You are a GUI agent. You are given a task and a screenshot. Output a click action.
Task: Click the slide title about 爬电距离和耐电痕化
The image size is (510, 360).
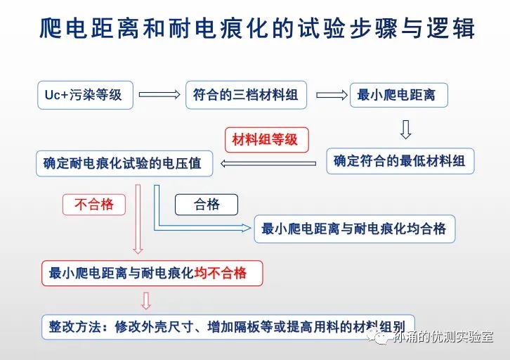coord(256,28)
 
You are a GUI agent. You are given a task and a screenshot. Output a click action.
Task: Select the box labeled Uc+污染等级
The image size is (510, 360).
coord(85,95)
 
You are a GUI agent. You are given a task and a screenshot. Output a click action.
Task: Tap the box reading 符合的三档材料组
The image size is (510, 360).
coord(246,95)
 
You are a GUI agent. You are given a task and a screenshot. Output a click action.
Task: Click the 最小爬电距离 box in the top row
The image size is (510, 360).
coord(399,95)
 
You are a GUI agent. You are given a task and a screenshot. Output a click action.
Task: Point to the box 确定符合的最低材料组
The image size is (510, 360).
coord(400,161)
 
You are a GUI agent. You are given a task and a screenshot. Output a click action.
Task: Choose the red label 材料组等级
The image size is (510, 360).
coord(267,140)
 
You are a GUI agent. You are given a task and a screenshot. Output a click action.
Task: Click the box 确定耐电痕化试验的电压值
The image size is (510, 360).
coord(124,163)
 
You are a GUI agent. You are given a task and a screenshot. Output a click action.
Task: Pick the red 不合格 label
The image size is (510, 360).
coord(94,205)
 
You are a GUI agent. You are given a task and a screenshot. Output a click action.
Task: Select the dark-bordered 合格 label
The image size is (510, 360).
coord(207,205)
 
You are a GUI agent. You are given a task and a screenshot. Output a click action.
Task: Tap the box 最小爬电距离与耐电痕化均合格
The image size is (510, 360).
coord(355,229)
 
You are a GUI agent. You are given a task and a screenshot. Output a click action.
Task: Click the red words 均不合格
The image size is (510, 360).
coord(221,273)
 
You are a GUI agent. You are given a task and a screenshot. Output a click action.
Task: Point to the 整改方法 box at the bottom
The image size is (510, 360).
coord(228,327)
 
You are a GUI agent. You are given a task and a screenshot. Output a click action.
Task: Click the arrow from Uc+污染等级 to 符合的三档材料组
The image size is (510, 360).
coord(159,94)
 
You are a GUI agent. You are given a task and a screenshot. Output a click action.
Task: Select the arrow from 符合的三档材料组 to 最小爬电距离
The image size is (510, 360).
coord(332,95)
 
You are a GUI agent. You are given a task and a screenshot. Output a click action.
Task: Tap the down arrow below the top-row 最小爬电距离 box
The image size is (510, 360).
coord(405,129)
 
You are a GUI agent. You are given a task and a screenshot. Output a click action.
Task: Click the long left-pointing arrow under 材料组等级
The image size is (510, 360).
coord(268,163)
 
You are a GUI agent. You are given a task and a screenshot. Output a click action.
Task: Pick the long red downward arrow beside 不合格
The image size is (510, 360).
coord(138,219)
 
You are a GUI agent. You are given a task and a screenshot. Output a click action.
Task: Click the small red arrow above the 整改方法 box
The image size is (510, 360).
coord(146,301)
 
